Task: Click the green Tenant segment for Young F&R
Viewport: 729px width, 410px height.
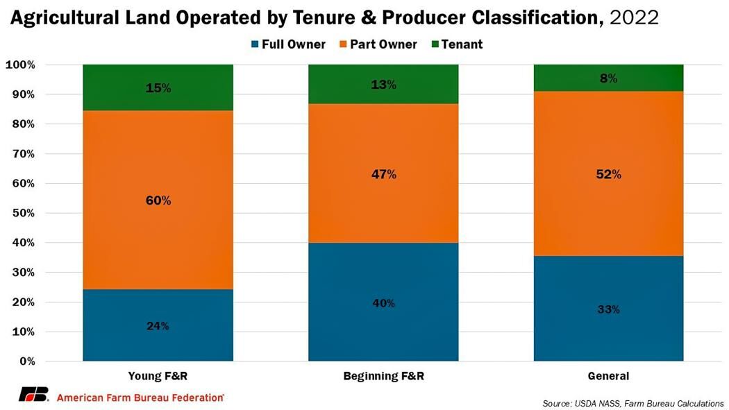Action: click(158, 87)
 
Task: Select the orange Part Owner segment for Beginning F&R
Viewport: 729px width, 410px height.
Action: click(383, 173)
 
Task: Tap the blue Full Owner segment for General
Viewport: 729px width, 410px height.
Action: click(608, 309)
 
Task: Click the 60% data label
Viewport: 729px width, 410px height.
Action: click(158, 200)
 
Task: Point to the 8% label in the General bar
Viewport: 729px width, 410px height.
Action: click(609, 78)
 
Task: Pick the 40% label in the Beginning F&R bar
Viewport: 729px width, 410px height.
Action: click(383, 303)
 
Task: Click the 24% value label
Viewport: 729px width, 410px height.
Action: click(158, 326)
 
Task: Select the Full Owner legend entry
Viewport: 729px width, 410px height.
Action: click(286, 44)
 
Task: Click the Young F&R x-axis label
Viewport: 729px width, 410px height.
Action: click(158, 377)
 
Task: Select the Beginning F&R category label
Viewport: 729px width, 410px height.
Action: click(383, 377)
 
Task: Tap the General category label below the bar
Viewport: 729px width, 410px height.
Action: click(608, 377)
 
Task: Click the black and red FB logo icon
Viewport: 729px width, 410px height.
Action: click(34, 395)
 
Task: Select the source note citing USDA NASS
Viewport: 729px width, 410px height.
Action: click(633, 403)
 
